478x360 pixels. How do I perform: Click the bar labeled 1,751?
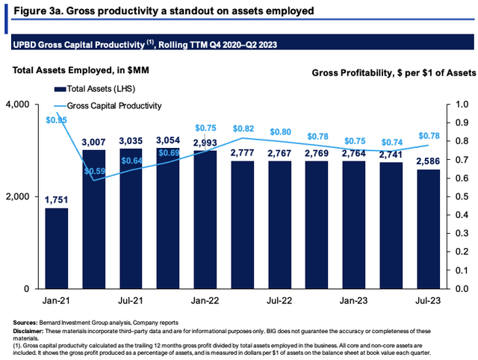pos(56,248)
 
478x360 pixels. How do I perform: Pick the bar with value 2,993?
pos(205,220)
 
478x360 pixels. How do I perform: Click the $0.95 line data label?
pos(56,120)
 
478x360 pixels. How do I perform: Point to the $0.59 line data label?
pos(93,190)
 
